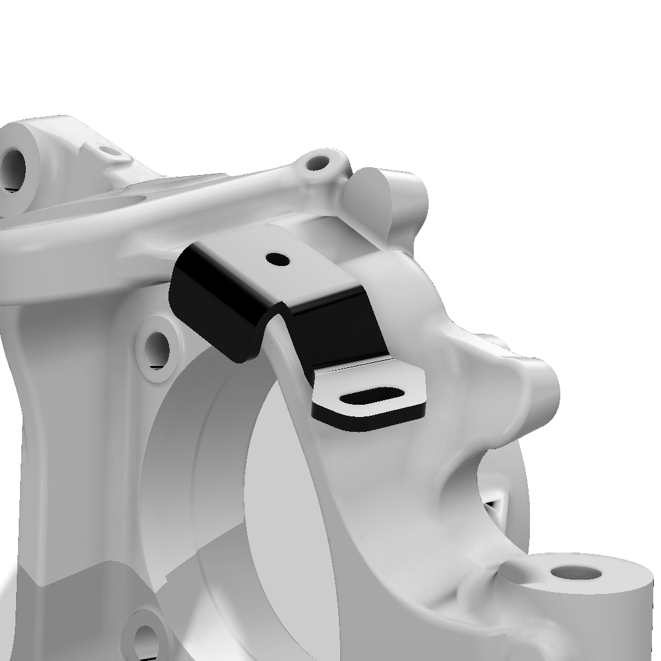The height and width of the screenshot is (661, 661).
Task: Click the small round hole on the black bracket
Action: click(x=278, y=259)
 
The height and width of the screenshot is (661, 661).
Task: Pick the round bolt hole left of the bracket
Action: click(x=156, y=351)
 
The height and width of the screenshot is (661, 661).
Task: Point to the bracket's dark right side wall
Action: click(x=336, y=329)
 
